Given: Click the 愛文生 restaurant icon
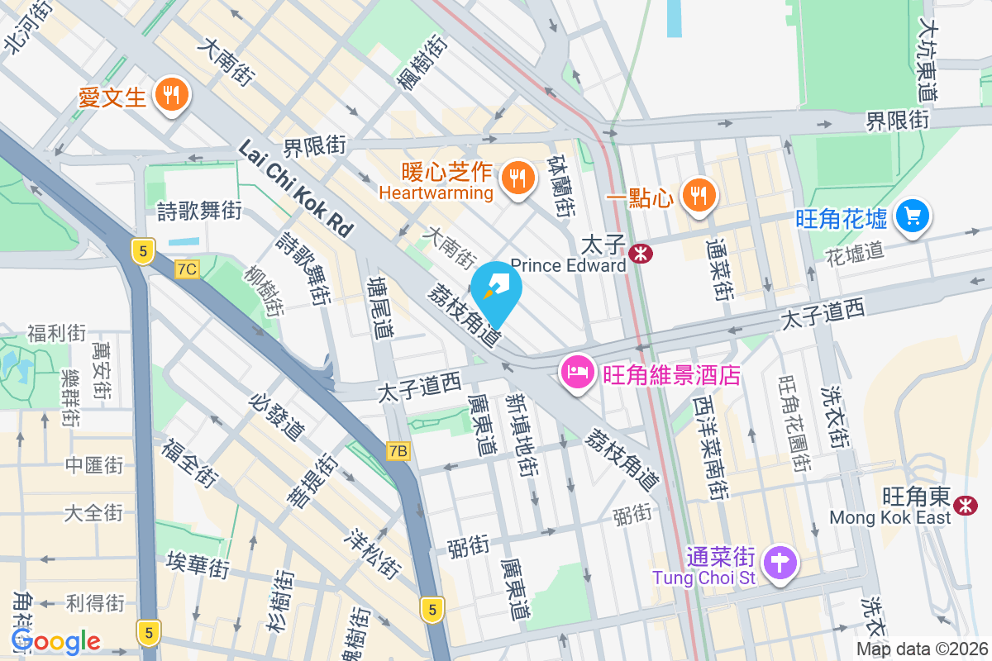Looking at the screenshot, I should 172,95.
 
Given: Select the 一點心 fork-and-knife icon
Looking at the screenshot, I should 699,195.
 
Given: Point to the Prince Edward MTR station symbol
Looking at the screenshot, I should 640,253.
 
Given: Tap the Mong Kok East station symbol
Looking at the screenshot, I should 964,504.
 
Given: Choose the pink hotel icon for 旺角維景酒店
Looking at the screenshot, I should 577,370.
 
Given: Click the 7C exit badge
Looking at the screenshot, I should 188,269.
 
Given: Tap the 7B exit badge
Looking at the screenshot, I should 398,450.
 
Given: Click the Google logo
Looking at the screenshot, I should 55,640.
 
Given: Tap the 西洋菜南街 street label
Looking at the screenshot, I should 712,447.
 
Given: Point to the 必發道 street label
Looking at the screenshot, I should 276,415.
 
